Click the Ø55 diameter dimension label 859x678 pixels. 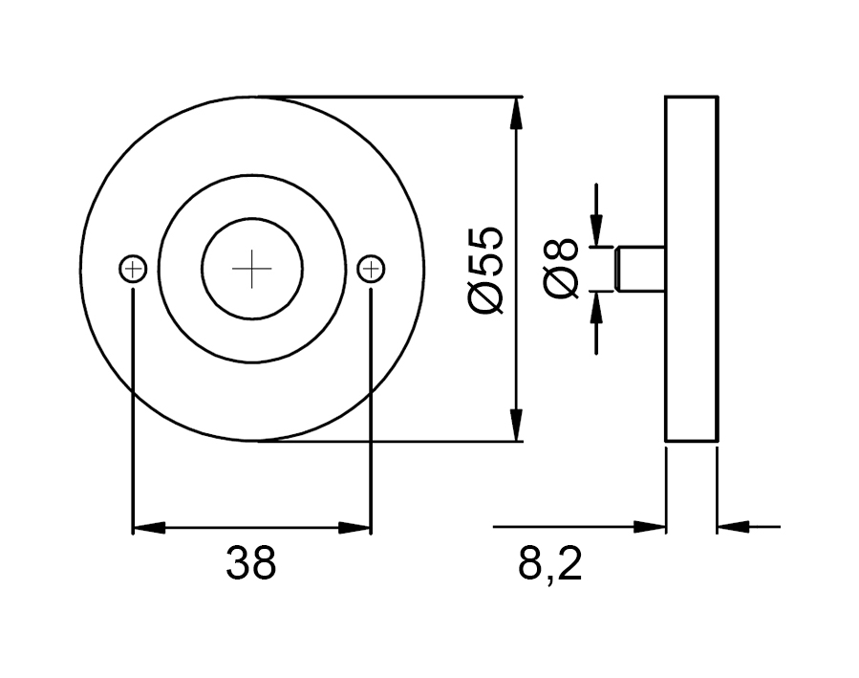(x=485, y=270)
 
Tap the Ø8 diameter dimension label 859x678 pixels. (x=562, y=269)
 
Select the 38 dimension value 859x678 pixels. (x=251, y=563)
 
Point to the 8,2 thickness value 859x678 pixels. (x=549, y=564)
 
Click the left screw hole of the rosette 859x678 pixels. (x=133, y=269)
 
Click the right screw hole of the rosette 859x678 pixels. (x=371, y=269)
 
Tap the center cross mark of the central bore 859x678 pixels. (x=252, y=269)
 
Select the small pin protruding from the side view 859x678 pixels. (x=640, y=269)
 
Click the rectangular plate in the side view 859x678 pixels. (x=692, y=269)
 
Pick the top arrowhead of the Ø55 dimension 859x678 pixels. (x=515, y=113)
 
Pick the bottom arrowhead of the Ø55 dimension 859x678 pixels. (x=515, y=425)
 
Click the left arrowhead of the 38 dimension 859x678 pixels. (x=149, y=528)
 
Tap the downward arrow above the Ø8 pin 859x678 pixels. (x=596, y=214)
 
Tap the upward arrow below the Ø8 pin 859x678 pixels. (x=596, y=323)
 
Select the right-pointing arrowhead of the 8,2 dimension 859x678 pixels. (x=649, y=527)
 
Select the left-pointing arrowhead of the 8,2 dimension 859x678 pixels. (x=734, y=527)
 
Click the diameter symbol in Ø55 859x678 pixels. (x=485, y=296)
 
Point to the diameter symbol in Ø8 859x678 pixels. (x=562, y=282)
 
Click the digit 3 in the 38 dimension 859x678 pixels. (x=238, y=563)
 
